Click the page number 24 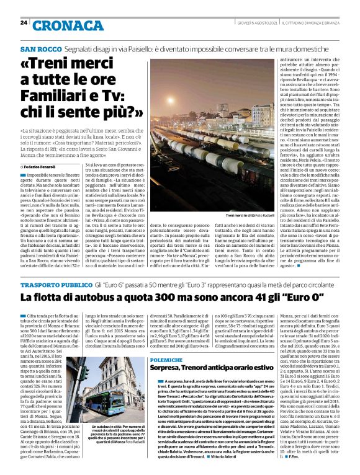tap(24, 23)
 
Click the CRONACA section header tap(60, 25)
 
